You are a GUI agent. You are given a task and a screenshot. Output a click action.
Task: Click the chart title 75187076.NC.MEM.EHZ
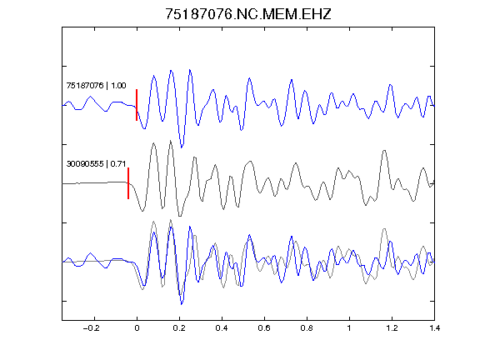pos(248,14)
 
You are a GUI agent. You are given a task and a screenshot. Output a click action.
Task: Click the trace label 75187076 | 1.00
pos(96,85)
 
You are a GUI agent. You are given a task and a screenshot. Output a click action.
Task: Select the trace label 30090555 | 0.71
pos(96,164)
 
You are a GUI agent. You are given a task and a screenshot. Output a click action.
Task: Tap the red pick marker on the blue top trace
pos(137,105)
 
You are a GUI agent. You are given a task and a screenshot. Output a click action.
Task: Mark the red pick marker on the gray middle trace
pos(128,183)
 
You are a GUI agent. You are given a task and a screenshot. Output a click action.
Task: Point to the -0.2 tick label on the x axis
pos(91,328)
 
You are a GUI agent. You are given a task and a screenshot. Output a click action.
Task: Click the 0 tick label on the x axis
pos(137,328)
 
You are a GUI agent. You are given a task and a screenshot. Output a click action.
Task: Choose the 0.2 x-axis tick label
pos(179,328)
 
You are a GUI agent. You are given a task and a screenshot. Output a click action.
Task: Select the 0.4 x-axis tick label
pos(222,328)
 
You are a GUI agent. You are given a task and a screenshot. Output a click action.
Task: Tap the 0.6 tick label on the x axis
pos(264,328)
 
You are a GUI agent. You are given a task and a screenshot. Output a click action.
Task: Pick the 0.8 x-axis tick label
pos(307,328)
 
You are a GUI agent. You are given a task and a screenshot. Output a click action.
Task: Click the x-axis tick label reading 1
pos(349,328)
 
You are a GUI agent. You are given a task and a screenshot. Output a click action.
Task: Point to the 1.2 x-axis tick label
pos(392,328)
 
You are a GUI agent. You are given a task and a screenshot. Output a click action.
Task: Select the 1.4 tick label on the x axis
pos(434,328)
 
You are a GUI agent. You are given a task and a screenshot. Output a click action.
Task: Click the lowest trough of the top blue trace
pos(182,147)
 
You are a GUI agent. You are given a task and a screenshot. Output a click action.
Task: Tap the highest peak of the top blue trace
pos(190,70)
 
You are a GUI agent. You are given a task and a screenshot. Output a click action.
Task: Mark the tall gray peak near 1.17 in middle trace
pos(384,151)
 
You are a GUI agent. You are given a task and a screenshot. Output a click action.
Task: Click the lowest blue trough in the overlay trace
pos(182,304)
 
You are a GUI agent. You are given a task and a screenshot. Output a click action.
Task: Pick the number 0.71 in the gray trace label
pos(118,164)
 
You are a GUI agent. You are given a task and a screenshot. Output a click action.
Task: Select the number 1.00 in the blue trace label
pos(118,85)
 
